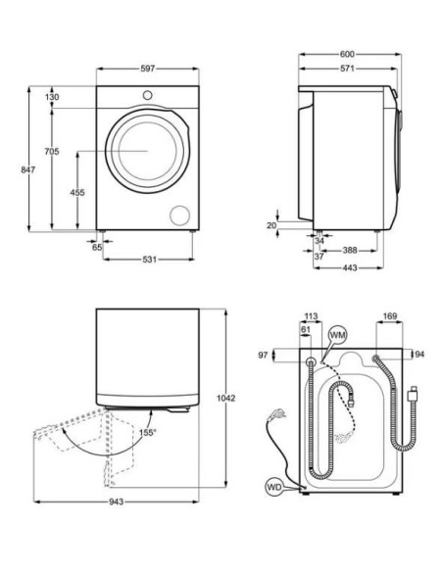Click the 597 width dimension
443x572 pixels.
pyautogui.click(x=148, y=69)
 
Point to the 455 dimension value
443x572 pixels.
pyautogui.click(x=76, y=193)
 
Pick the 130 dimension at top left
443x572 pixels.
pyautogui.click(x=52, y=96)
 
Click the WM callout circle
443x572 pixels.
pyautogui.click(x=338, y=335)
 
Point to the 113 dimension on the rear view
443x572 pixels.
pyautogui.click(x=312, y=316)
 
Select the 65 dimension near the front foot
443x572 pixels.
pyautogui.click(x=97, y=248)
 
